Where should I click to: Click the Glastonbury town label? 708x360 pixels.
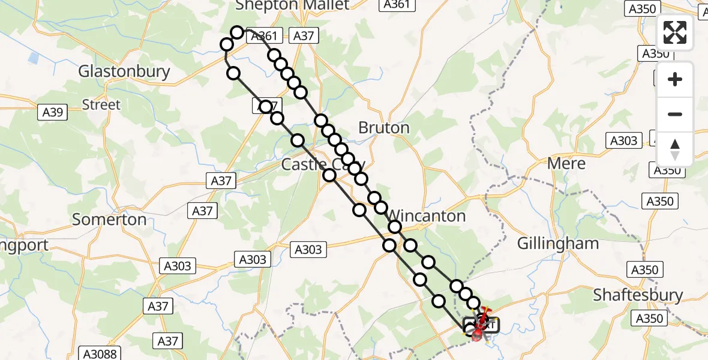pos(124,71)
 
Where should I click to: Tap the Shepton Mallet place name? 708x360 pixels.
pos(292,5)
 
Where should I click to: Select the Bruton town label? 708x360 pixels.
pos(383,127)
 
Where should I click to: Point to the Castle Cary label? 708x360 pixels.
pos(323,164)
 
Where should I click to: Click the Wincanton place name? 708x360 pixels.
pos(427,216)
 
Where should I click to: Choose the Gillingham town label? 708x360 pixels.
pos(557,244)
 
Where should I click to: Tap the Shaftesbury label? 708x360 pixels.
pos(638,295)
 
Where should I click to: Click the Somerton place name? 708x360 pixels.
pos(109,220)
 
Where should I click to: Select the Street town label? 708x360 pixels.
pos(101,104)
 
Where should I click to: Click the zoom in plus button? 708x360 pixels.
pos(675,79)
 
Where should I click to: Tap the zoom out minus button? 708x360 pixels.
pos(675,114)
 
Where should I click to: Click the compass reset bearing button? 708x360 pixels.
pos(675,149)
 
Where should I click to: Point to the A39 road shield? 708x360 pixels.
pos(53,112)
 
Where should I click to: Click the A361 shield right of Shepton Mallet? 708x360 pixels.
pos(396,4)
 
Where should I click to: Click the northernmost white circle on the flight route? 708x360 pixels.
pos(238,32)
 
